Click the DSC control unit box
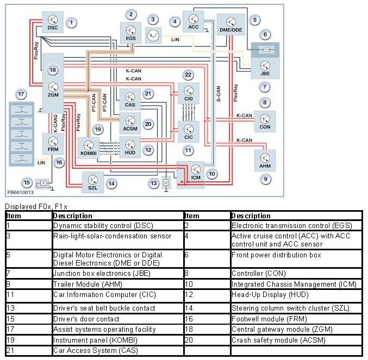point(53,22)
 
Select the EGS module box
point(130,33)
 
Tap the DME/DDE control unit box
point(231,24)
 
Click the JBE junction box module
point(265,68)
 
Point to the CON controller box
point(265,122)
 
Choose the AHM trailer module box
point(265,161)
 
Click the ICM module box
point(191,175)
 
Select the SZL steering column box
point(93,182)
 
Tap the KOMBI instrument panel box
point(89,148)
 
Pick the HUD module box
point(130,147)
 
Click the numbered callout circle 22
point(188,75)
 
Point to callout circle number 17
point(21,94)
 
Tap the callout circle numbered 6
point(265,35)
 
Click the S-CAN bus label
point(219,94)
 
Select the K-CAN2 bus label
point(55,123)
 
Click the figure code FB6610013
point(21,192)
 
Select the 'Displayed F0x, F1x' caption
point(36,206)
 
